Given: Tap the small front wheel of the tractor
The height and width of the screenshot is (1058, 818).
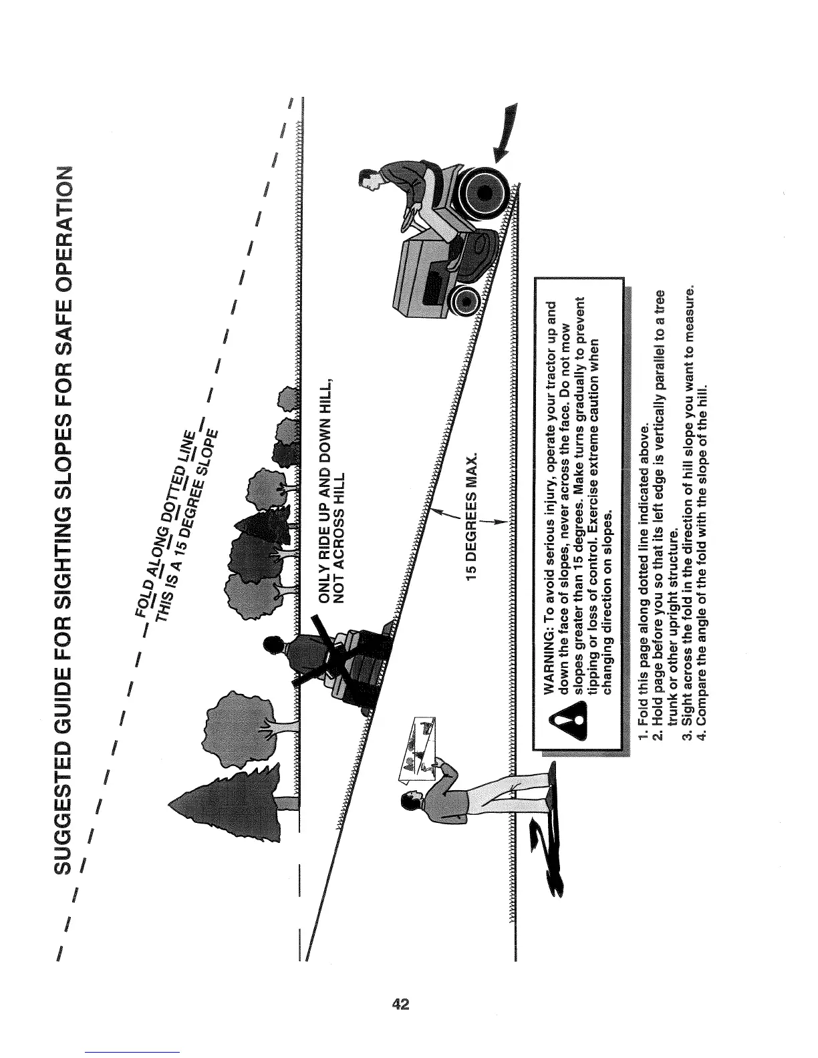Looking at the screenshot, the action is [x=463, y=303].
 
